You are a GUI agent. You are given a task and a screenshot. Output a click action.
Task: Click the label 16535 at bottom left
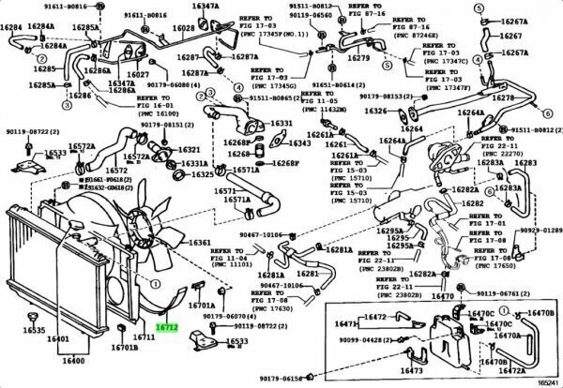point(34,331)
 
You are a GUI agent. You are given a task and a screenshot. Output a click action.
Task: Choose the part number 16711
point(143,336)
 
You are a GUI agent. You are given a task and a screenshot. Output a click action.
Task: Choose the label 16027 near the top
point(139,74)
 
